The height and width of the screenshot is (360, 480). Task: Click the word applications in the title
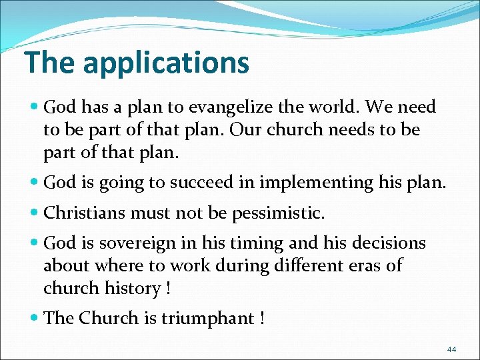coord(166,63)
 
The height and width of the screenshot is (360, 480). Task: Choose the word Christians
coord(86,213)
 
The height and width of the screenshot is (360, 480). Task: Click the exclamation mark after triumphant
coord(261,319)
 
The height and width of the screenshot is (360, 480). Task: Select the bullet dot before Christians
coord(35,213)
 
